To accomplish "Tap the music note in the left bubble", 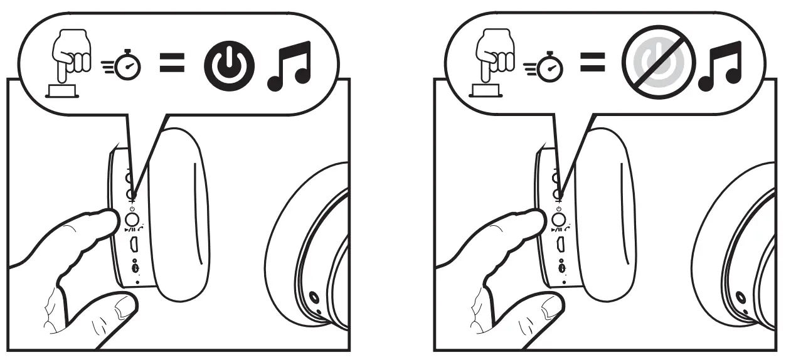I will coord(289,65).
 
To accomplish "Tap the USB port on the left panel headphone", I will coord(134,246).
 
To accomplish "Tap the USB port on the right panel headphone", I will coord(560,246).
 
